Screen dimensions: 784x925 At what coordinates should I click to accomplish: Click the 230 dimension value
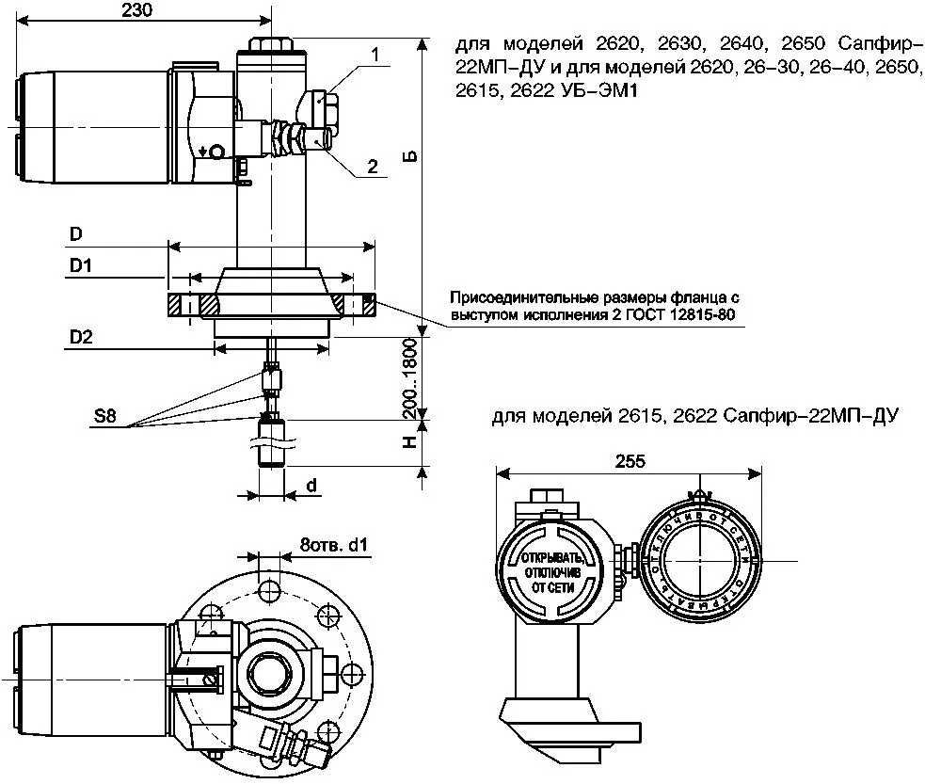[137, 10]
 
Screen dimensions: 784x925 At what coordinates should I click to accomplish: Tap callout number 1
[375, 56]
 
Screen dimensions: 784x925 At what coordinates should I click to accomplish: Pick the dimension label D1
[80, 267]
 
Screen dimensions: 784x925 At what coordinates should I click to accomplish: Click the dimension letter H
[411, 441]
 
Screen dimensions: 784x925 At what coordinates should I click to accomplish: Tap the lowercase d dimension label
[310, 486]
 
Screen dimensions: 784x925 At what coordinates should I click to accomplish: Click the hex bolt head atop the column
[270, 45]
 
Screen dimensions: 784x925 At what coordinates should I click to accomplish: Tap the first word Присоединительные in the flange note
[530, 296]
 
